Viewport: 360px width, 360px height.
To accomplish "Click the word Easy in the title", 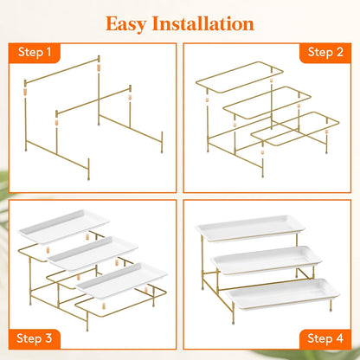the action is coord(125,24).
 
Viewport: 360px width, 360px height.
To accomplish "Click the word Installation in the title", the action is coord(203,23).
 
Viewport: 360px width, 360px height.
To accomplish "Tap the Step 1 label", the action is coord(35,53).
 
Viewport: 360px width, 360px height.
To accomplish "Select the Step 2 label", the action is coord(325,53).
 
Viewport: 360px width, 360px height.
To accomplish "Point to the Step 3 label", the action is coord(35,338).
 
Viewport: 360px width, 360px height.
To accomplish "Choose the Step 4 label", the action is coord(325,338).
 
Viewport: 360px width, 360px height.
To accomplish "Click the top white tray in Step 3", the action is coord(63,227).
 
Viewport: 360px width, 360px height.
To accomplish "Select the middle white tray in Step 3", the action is coord(93,254).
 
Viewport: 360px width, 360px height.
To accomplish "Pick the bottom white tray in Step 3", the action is coord(122,280).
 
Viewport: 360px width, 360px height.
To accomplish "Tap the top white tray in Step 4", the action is coord(250,228).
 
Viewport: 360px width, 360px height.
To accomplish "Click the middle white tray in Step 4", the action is coord(266,260).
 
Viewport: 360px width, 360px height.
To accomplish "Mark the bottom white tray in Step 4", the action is coord(282,294).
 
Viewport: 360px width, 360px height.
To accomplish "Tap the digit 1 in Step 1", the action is coord(48,52).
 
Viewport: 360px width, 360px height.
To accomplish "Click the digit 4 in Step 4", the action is coord(339,338).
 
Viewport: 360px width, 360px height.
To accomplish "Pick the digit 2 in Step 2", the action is coord(339,52).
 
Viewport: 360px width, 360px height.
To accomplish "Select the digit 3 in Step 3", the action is coord(48,338).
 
